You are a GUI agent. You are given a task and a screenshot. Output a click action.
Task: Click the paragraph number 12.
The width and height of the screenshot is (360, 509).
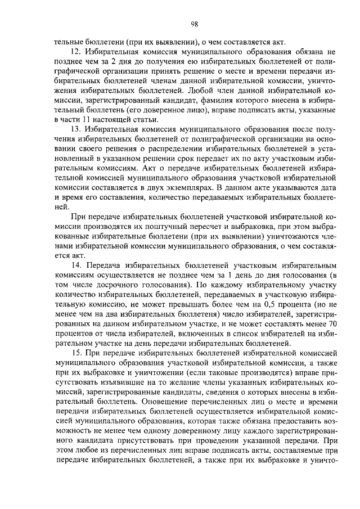click(x=76, y=51)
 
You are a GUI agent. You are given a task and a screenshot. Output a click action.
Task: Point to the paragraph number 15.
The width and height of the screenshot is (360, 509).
click(x=76, y=352)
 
